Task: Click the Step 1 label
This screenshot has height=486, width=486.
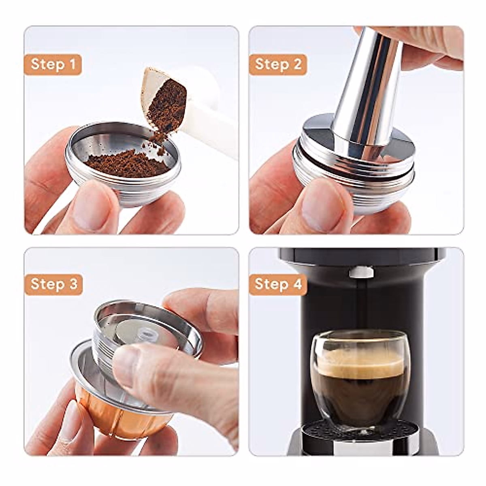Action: [53, 64]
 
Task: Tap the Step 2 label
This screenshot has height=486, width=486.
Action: [278, 64]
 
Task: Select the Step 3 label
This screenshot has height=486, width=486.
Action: [54, 284]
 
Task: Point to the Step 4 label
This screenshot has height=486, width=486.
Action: [278, 284]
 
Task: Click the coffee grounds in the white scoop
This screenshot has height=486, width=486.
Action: [166, 103]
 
